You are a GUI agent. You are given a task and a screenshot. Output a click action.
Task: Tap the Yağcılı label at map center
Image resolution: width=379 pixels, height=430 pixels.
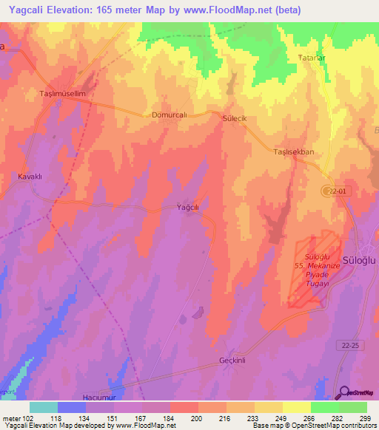pyautogui.click(x=188, y=208)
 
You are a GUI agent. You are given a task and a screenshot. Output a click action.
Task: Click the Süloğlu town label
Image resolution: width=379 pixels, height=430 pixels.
pyautogui.click(x=359, y=261)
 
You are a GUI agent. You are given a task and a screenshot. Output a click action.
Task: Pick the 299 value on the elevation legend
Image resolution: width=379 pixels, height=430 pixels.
pyautogui.click(x=364, y=417)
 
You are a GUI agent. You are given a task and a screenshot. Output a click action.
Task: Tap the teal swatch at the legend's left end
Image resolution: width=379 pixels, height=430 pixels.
pyautogui.click(x=44, y=407)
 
